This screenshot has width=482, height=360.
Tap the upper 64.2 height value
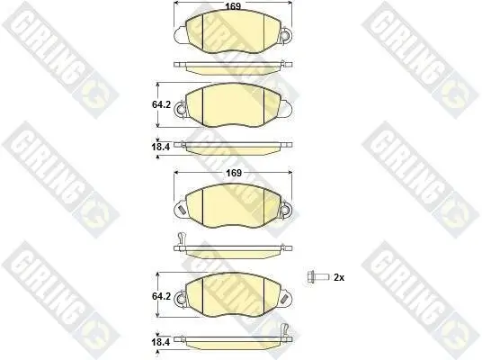point(163,104)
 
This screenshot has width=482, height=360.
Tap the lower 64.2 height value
point(163,295)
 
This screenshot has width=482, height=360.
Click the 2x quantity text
point(339,277)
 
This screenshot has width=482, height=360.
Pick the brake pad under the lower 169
point(232,205)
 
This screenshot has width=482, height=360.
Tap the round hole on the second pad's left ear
point(179,112)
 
